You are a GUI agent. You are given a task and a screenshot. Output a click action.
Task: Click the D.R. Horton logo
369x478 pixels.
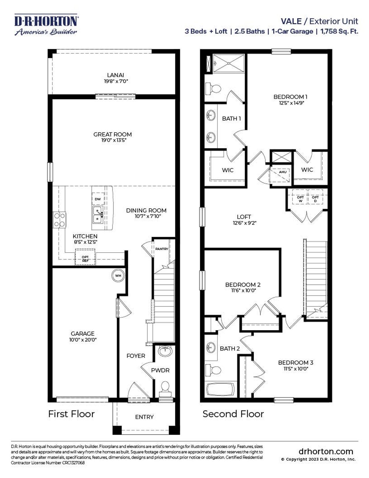46,25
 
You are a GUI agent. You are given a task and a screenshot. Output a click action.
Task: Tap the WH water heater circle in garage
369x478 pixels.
118,275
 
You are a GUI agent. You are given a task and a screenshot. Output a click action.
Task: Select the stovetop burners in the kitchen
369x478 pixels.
60,220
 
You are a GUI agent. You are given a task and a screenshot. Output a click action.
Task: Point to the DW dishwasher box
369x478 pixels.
98,199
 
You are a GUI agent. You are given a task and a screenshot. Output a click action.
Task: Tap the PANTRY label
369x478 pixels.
161,249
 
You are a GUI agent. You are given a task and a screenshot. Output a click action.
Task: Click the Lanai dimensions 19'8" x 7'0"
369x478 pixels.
116,81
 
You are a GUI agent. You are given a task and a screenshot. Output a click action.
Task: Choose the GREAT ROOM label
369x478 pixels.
112,134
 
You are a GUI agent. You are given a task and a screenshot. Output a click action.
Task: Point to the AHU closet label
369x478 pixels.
283,172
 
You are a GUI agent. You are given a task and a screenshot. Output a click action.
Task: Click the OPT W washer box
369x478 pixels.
300,199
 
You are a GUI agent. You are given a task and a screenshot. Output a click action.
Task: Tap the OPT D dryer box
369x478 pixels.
315,199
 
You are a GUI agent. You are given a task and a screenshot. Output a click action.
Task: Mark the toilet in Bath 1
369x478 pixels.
213,88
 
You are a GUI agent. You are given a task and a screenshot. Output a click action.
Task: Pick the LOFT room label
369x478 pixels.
244,217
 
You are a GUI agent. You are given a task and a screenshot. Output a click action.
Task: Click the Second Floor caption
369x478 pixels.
233,414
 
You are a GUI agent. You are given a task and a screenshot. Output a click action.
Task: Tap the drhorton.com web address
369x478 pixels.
326,451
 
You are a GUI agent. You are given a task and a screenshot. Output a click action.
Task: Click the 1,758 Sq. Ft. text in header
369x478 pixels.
339,31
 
